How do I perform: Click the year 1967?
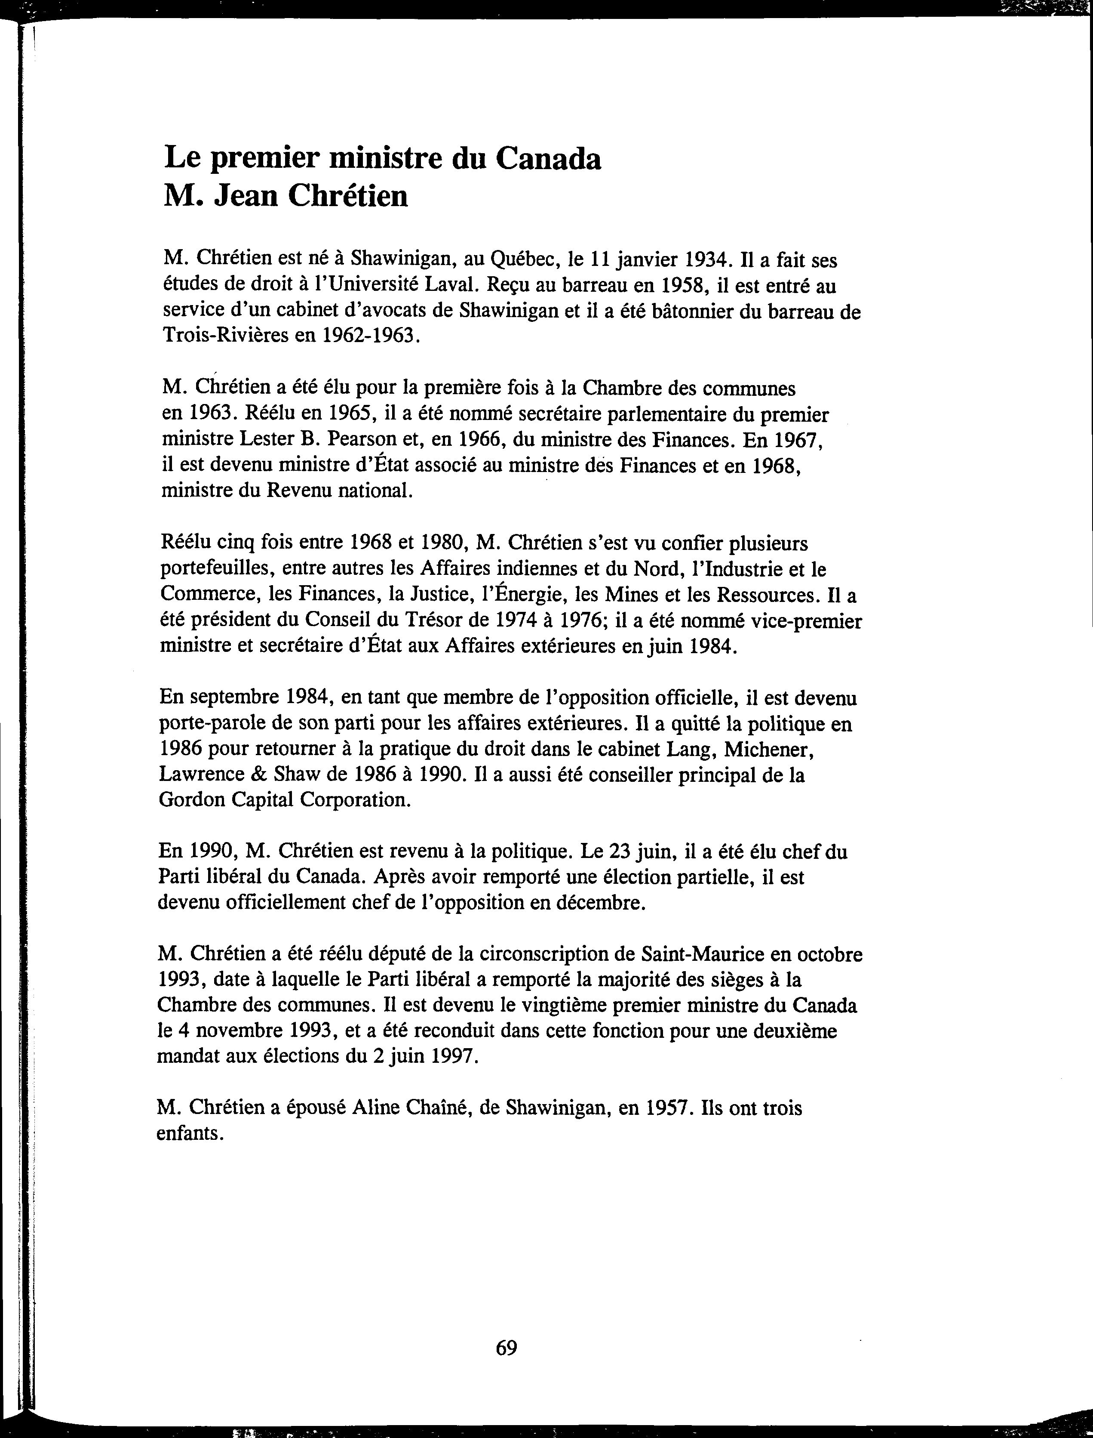point(798,440)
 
